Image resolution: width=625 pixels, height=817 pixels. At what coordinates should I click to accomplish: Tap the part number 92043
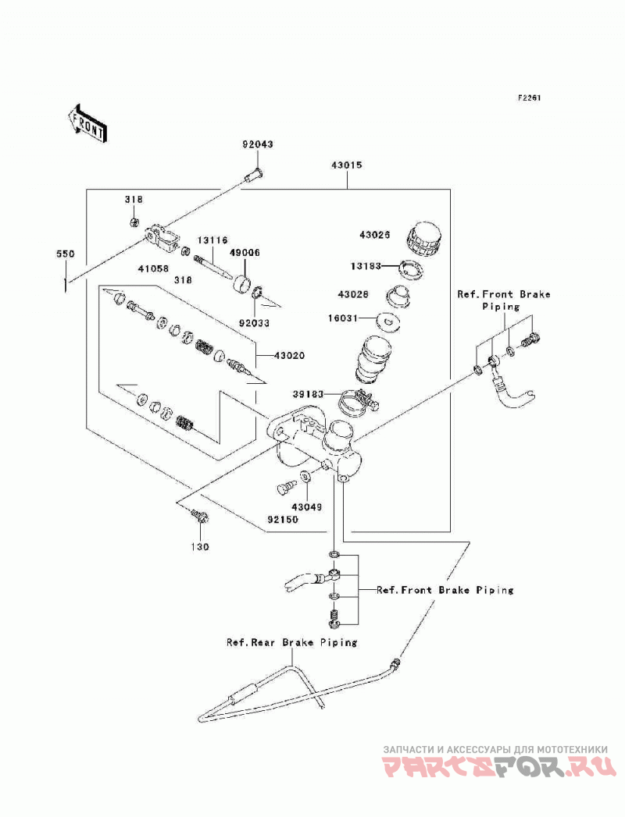[x=257, y=144]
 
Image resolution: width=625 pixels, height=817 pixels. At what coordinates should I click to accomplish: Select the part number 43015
[x=346, y=165]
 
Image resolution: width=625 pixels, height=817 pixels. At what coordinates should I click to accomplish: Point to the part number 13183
[x=366, y=266]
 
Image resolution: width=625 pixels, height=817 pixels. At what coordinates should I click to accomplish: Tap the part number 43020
[x=290, y=355]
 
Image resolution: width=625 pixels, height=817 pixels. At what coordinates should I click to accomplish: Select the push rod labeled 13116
[x=214, y=266]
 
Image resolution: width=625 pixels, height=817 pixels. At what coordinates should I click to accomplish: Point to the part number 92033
[x=254, y=323]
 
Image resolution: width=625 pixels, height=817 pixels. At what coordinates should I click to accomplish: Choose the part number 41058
[x=153, y=269]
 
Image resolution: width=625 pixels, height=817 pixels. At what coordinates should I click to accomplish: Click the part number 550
[x=66, y=254]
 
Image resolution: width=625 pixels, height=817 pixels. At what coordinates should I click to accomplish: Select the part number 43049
[x=306, y=506]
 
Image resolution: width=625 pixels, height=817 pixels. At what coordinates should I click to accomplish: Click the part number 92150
[x=283, y=520]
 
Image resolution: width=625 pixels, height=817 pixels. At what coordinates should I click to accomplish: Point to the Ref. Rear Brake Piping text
[x=291, y=642]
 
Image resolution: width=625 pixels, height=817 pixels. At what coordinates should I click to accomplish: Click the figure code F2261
[x=529, y=98]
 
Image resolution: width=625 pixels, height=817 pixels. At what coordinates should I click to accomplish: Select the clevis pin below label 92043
[x=254, y=175]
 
